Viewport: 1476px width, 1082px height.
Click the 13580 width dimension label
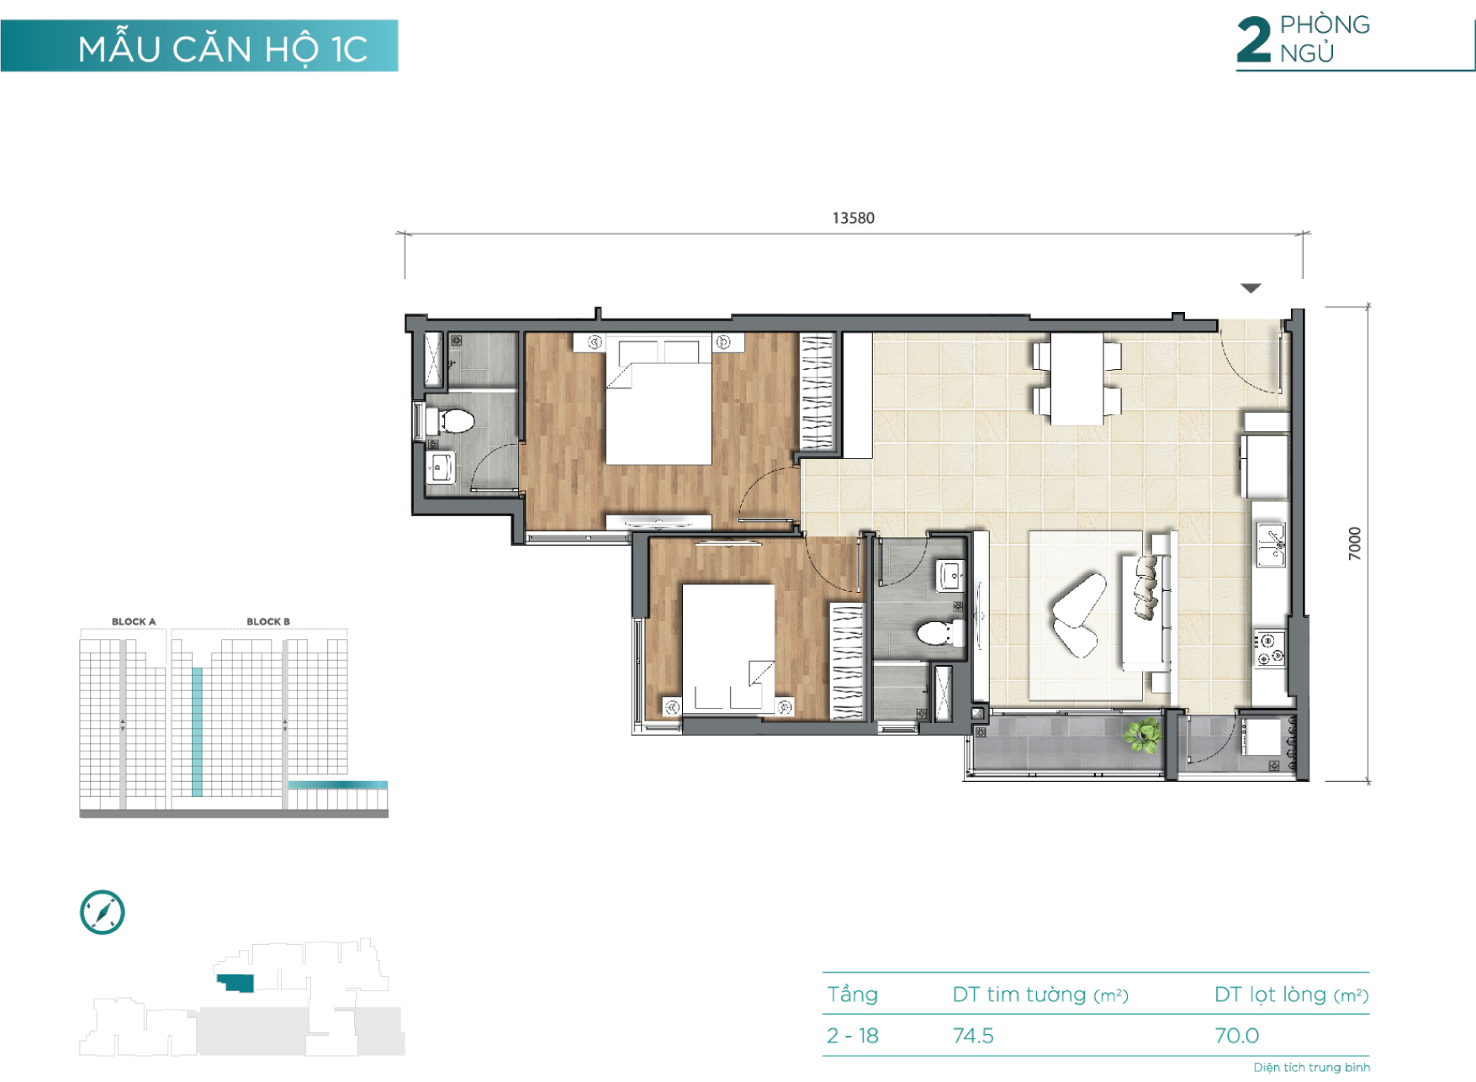[853, 218]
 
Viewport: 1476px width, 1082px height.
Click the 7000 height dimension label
[1354, 543]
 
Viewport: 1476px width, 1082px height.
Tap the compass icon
[103, 912]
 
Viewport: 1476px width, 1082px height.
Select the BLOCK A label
[134, 621]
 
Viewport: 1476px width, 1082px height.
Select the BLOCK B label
[268, 621]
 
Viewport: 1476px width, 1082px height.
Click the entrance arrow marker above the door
[1251, 288]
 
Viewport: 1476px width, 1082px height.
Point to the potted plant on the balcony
[1143, 736]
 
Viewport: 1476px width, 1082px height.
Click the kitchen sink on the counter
[1270, 543]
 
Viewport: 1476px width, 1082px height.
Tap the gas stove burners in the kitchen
[1270, 648]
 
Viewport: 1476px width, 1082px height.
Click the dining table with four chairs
[1077, 378]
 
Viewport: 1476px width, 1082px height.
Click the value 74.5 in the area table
[973, 1036]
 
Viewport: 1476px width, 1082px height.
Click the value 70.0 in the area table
[1236, 1036]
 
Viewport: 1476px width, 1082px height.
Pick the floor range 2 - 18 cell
[853, 1036]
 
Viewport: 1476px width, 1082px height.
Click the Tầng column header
[852, 995]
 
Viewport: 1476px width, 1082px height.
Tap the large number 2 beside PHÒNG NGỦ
[1253, 40]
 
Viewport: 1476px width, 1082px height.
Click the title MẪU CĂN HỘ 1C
[223, 50]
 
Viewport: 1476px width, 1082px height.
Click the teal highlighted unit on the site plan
[235, 983]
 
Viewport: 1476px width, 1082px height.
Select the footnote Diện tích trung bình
[1311, 1068]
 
